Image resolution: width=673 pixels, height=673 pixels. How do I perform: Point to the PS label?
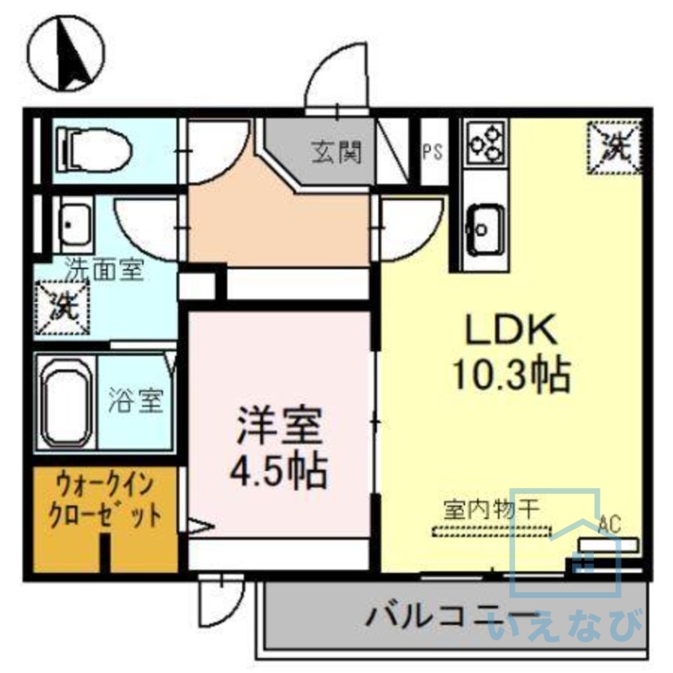tap(432, 152)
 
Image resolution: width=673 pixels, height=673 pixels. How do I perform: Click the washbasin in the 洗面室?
tap(74, 222)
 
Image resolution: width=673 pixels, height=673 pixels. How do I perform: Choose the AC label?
tap(610, 525)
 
